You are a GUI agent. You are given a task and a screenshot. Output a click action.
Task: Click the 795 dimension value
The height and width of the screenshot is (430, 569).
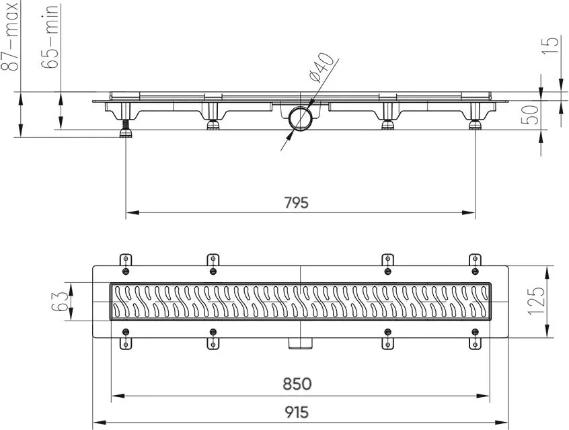click(297, 202)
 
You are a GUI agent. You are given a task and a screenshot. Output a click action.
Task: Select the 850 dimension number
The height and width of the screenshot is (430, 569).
click(297, 384)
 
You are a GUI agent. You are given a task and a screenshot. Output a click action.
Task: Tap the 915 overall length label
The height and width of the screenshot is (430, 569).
click(297, 412)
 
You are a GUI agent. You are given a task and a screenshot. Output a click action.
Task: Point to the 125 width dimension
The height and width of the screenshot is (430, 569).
click(537, 302)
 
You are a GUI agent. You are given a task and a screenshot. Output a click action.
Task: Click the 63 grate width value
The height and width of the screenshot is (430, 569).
click(59, 302)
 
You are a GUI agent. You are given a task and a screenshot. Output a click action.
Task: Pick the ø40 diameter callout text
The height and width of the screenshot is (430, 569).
click(320, 67)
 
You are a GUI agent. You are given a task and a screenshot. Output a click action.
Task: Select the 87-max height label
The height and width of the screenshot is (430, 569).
click(10, 37)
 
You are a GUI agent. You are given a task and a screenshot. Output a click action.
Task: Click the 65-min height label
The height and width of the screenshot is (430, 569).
click(50, 37)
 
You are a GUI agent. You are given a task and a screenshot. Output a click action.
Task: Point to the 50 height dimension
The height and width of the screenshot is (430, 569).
click(529, 115)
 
